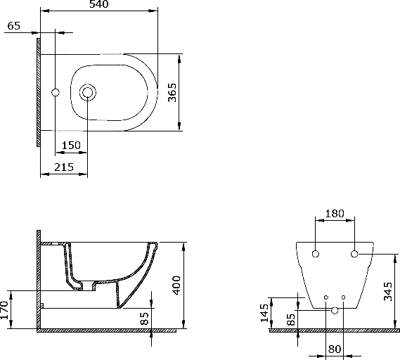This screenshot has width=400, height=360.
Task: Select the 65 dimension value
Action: click(14, 26)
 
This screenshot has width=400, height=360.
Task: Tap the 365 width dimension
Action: click(172, 92)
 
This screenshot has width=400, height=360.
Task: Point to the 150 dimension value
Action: click(70, 146)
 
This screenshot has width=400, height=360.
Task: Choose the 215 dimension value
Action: click(64, 167)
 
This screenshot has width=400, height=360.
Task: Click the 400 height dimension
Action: click(176, 285)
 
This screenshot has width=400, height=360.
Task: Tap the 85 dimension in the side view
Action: click(145, 319)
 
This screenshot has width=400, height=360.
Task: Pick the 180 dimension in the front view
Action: click(335, 214)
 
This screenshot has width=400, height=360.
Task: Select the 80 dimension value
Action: click(335, 348)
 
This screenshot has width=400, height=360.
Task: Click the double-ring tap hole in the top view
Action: click(88, 92)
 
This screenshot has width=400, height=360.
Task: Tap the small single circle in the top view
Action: click(57, 92)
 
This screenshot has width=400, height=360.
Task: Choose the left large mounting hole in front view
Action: click(316, 253)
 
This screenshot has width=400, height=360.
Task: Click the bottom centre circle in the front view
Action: click(335, 310)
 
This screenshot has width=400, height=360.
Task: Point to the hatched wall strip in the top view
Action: click(37, 92)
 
